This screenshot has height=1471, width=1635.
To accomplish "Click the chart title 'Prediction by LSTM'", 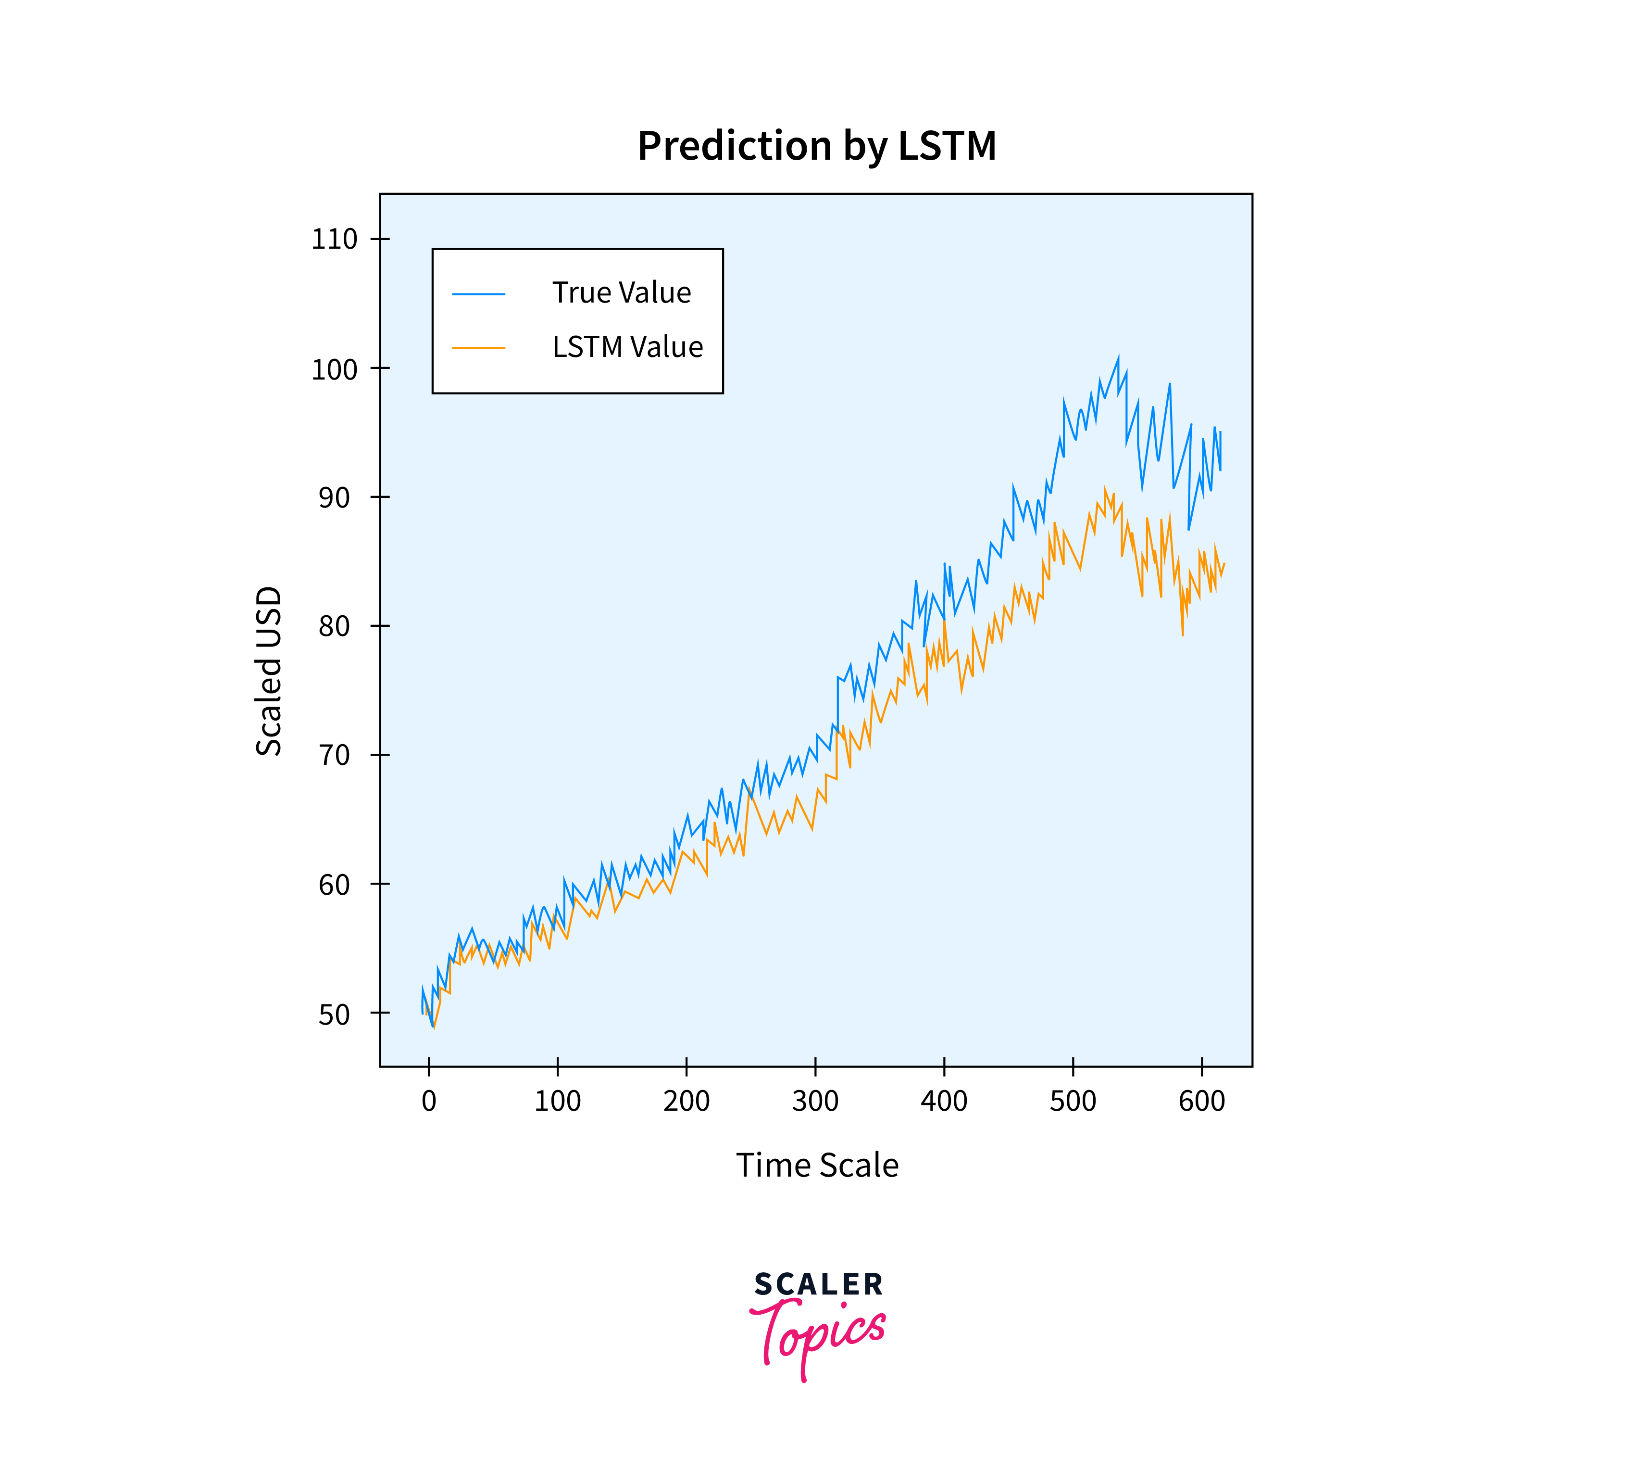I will click(x=817, y=146).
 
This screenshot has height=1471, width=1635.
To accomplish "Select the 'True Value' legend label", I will click(x=621, y=292).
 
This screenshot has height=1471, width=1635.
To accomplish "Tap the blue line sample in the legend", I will click(x=478, y=294).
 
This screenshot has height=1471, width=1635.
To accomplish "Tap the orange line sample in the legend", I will click(x=478, y=348).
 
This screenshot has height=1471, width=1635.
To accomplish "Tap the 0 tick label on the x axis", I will click(x=429, y=1101).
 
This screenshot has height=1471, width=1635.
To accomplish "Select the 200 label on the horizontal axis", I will click(x=686, y=1101).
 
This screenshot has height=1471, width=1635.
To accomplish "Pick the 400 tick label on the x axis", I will click(x=944, y=1101).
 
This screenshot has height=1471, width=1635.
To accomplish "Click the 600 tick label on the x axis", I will click(x=1201, y=1101).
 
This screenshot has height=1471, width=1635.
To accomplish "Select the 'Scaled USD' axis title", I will click(x=269, y=671).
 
